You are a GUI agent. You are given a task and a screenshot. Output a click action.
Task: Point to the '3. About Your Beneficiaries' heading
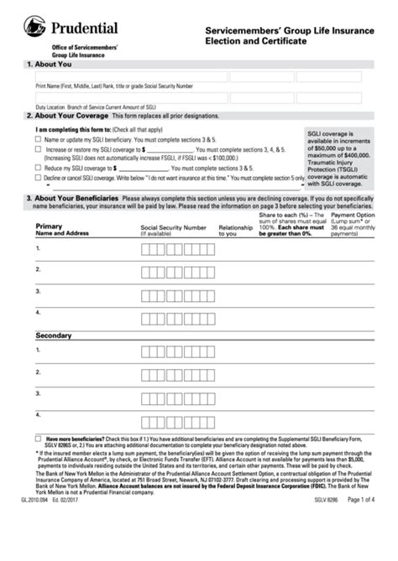73,198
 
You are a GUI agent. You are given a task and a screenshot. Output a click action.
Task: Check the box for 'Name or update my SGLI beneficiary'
38,139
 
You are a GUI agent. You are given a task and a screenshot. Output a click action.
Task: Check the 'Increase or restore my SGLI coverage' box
38,148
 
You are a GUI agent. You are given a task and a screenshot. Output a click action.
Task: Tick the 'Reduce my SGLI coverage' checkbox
38,167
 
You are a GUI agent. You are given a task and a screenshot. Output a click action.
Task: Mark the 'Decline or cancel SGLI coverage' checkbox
38,177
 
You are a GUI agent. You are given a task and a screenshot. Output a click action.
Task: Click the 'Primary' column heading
49,227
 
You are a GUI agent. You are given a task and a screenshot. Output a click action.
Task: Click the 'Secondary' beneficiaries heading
54,335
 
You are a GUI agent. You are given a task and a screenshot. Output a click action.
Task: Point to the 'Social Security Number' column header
173,227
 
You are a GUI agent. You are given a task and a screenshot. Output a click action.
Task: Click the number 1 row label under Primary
38,248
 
